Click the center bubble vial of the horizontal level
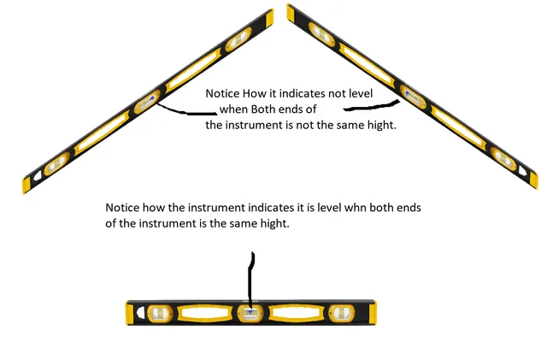[250, 313]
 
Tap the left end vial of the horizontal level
[160, 313]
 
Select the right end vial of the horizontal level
[342, 313]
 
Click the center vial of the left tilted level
[147, 102]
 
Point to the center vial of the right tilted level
[413, 97]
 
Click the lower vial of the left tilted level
[57, 164]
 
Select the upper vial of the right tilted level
[321, 34]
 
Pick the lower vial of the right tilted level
[503, 158]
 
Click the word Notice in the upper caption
[222, 93]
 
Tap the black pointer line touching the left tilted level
[185, 111]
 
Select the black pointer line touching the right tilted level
[372, 106]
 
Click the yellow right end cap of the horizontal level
[373, 313]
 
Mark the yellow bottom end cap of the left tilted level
[26, 184]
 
